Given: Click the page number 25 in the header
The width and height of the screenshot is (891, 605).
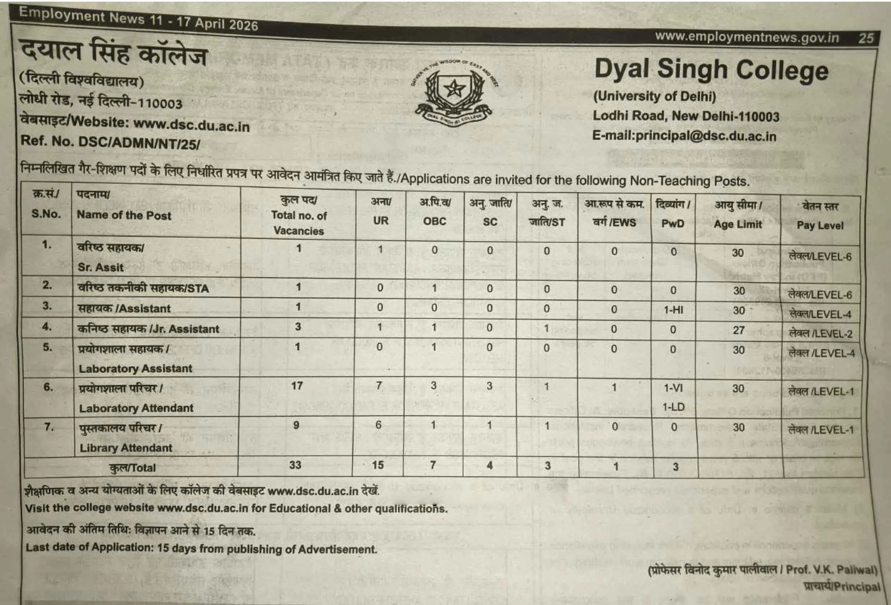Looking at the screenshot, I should [866, 38].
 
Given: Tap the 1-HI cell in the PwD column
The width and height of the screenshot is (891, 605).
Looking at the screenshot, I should [673, 310].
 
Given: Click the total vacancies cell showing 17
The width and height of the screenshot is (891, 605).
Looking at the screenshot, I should [297, 385].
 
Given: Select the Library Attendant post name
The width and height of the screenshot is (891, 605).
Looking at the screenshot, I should [126, 448].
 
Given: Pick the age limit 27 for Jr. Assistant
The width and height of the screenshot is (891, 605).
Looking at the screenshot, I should [738, 330].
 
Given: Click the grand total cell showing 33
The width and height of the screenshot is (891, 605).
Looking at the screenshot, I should [295, 465].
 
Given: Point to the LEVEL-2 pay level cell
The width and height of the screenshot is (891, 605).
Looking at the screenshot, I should [821, 334].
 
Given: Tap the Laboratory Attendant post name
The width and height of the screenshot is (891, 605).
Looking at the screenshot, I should [136, 408].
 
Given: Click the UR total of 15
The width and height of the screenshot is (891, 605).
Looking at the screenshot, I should [378, 465].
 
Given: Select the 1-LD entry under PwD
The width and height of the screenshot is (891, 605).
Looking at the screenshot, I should [673, 407].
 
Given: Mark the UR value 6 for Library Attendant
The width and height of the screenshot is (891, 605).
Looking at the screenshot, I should [378, 425].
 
